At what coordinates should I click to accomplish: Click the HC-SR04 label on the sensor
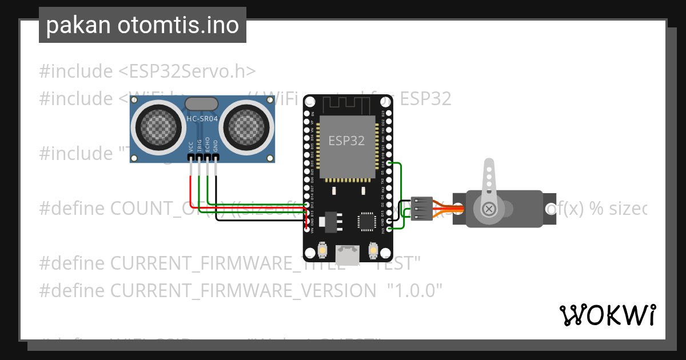pyautogui.click(x=202, y=118)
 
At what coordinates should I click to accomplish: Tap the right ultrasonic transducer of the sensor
pyautogui.click(x=247, y=127)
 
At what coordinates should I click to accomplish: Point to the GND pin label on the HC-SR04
pyautogui.click(x=216, y=146)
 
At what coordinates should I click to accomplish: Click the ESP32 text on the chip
pyautogui.click(x=346, y=141)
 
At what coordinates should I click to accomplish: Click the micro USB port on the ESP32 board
pyautogui.click(x=348, y=251)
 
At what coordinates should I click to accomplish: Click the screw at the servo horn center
pyautogui.click(x=489, y=209)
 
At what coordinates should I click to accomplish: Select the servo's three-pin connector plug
pyautogui.click(x=422, y=209)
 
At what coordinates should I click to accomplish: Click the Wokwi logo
pyautogui.click(x=607, y=315)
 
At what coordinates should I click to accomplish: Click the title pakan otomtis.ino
pyautogui.click(x=142, y=26)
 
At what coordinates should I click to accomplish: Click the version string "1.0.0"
pyautogui.click(x=415, y=291)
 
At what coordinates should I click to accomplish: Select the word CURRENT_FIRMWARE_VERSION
pyautogui.click(x=243, y=291)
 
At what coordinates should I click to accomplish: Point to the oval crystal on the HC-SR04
pyautogui.click(x=202, y=103)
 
